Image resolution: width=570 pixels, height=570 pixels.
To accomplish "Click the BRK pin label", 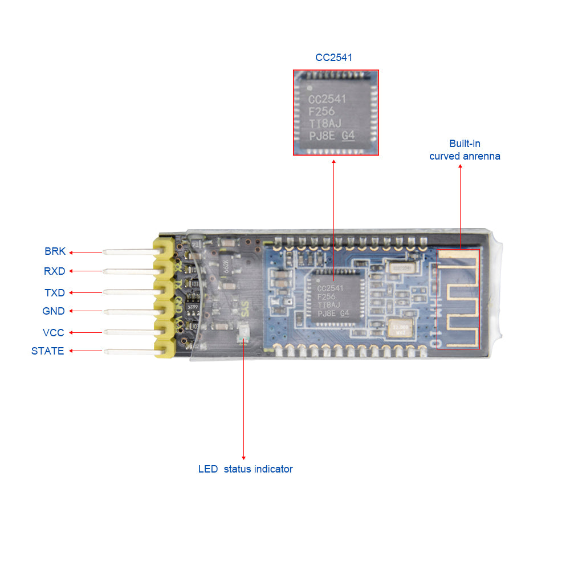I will pos(55,251).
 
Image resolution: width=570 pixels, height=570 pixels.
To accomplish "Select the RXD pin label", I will pos(54,271).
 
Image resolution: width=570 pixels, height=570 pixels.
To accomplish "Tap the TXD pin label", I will pos(55,293).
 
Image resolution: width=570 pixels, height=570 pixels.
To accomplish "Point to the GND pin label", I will pos(54,311).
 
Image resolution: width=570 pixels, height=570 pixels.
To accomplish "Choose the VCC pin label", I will pos(54,332).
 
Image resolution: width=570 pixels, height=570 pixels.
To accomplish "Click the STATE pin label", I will pos(47,351).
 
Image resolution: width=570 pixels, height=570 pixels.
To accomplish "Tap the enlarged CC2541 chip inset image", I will pos(336,112).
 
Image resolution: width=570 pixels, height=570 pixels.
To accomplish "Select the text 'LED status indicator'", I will pos(245,469).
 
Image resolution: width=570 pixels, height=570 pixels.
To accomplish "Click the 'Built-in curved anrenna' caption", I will pos(465,150).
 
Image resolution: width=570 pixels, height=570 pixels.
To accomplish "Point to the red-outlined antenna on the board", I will pos(459,299).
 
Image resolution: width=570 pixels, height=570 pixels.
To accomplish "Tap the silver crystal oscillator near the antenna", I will pos(398,328).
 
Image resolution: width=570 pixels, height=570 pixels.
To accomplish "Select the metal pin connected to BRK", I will pos(128,251).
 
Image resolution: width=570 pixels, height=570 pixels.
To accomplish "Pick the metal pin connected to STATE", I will pos(128,351).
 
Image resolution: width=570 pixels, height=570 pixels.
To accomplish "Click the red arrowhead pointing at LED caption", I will pos(243,457).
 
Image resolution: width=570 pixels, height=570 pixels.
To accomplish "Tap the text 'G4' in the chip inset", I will pos(347,136).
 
